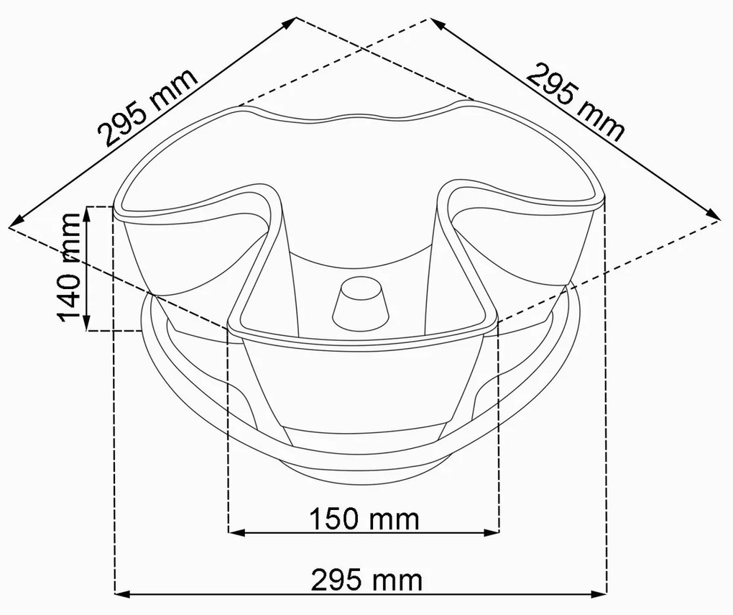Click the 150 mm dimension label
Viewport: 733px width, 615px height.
click(x=364, y=519)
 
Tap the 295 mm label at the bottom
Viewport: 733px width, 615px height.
click(x=366, y=580)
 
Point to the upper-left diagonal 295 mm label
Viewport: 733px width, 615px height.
click(x=148, y=108)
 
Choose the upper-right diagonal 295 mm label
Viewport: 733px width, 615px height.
click(x=576, y=103)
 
